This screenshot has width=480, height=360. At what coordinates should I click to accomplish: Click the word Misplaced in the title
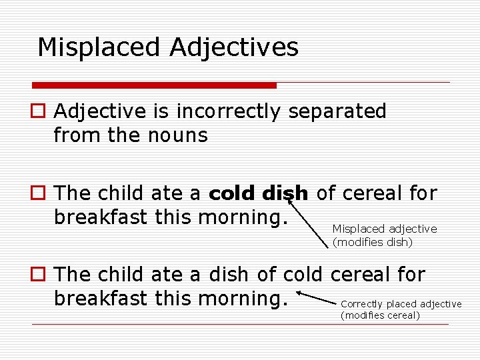[99, 47]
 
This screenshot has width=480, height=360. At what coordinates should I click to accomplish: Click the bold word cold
[233, 193]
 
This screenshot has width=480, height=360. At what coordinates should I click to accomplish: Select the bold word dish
[285, 193]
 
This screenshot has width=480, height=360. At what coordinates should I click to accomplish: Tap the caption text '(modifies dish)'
[373, 243]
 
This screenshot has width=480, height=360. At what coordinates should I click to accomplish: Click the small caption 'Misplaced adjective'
[385, 229]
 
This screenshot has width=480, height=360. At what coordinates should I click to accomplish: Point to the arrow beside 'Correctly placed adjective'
[316, 298]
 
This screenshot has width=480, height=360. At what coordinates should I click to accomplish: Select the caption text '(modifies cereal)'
[380, 315]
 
